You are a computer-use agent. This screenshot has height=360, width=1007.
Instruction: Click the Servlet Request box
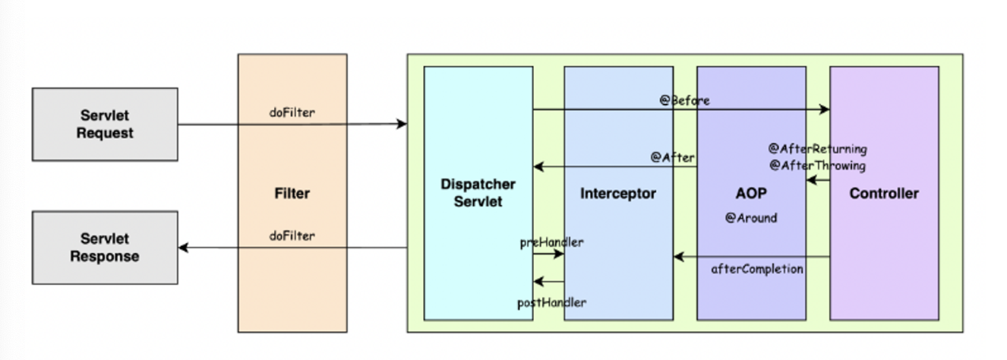point(105,125)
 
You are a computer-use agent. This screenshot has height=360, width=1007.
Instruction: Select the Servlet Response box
point(105,248)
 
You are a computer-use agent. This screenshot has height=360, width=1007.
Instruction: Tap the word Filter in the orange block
point(292,194)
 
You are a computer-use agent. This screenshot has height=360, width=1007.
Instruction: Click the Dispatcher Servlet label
point(478,193)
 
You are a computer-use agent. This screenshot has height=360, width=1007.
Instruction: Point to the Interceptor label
point(618,194)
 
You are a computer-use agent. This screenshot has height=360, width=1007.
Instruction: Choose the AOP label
point(751,194)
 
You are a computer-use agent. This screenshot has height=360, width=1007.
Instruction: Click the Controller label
point(884,194)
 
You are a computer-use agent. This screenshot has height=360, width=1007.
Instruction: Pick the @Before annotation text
point(684,100)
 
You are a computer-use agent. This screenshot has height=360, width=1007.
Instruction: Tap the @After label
point(672,157)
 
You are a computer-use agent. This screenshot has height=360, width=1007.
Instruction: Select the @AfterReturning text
point(817,149)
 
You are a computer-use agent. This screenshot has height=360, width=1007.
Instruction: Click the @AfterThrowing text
point(816,165)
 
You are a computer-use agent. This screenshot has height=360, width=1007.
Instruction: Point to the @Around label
point(750,218)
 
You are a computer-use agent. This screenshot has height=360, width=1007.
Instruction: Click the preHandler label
point(551,242)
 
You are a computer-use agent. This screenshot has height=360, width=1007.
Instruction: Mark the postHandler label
point(551,302)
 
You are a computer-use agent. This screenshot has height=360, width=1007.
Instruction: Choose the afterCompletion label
point(757,269)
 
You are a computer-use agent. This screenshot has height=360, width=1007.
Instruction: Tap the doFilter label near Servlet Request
point(292,112)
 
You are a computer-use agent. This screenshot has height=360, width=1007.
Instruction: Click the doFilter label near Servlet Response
point(292,235)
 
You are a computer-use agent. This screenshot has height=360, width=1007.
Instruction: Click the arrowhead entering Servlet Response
point(183,248)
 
